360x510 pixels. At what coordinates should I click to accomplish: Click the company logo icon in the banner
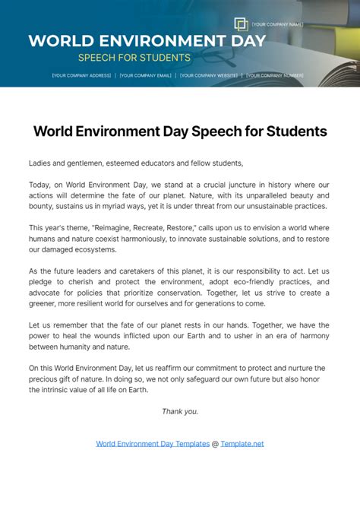coord(241,24)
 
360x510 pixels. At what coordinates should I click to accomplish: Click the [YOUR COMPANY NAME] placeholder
coord(277,24)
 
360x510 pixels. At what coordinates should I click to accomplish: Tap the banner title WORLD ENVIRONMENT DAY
coord(147,41)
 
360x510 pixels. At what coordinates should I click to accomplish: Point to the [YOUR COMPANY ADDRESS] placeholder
coord(81,75)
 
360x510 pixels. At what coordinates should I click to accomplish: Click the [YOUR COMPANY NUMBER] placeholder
coord(275,75)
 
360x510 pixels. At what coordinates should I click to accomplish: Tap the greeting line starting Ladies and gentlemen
coord(135,163)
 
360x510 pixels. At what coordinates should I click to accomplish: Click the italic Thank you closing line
coord(180,411)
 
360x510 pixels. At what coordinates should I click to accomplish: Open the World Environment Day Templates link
coord(153,443)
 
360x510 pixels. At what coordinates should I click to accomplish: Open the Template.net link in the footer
coord(242,443)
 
